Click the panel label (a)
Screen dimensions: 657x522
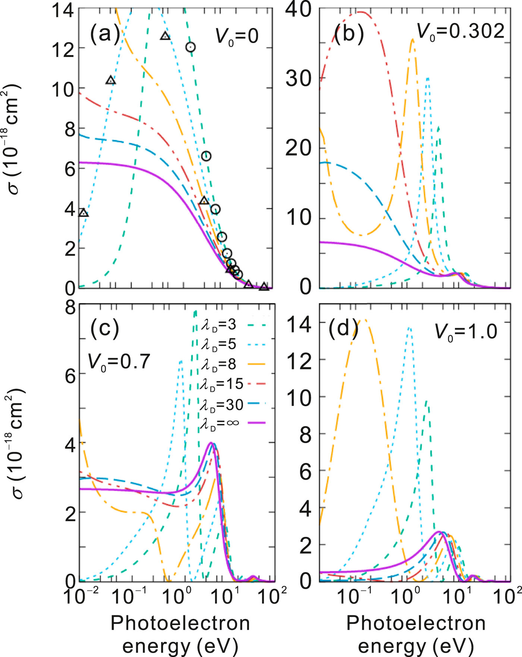click(x=105, y=34)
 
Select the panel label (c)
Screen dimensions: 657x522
click(x=105, y=328)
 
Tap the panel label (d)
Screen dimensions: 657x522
click(x=343, y=328)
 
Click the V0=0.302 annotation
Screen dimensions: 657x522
click(x=460, y=31)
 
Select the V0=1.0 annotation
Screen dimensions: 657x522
click(x=466, y=331)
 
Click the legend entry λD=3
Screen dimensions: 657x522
click(x=218, y=325)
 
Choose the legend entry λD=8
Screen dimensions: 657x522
click(x=218, y=364)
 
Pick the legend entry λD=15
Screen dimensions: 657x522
click(x=221, y=384)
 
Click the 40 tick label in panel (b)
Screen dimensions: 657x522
click(x=298, y=9)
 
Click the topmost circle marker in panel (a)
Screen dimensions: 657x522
click(x=191, y=47)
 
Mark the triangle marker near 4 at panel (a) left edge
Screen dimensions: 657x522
click(x=84, y=213)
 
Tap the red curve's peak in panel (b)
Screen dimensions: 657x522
click(x=360, y=12)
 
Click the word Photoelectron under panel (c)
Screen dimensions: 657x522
click(x=180, y=623)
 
